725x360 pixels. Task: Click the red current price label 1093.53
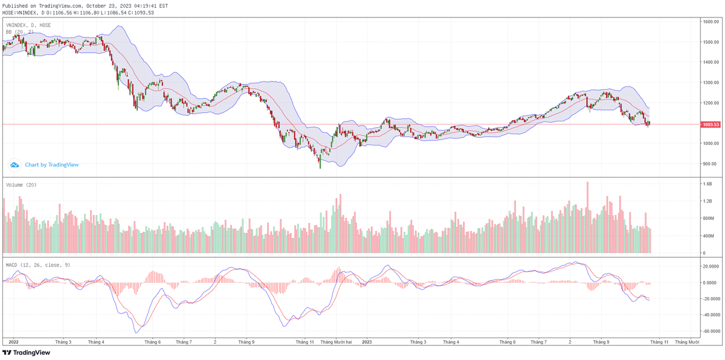(710, 125)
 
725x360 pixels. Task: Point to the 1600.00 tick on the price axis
(710, 22)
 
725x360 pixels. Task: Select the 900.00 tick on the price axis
(709, 164)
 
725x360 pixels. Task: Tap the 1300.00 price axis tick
(710, 83)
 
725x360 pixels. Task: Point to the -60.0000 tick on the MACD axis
(710, 331)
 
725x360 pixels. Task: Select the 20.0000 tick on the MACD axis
(710, 266)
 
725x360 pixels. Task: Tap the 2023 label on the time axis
(367, 342)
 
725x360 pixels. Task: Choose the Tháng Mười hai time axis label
(337, 342)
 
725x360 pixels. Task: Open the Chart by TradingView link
(51, 164)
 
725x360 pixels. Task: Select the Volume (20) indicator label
(21, 185)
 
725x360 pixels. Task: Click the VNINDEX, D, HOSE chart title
(28, 25)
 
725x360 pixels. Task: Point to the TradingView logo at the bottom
(27, 353)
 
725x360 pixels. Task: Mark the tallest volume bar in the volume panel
(587, 217)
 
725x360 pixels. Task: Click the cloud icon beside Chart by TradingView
(14, 164)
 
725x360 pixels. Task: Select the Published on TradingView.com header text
(85, 5)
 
